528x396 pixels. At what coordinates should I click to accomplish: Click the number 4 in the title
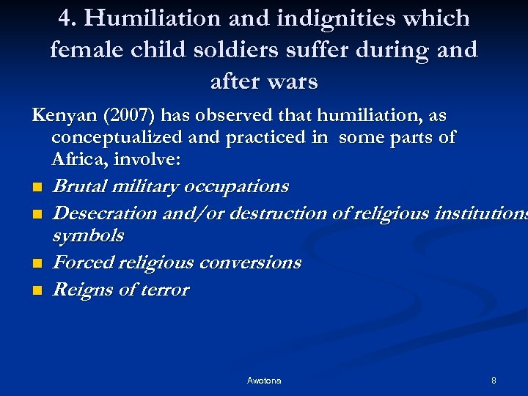pos(64,18)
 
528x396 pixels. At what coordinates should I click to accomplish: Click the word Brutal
pos(80,186)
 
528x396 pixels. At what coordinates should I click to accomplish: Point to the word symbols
pos(88,236)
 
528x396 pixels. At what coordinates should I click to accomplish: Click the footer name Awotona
pos(264,381)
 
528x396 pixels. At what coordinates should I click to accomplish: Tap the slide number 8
pos(494,381)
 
